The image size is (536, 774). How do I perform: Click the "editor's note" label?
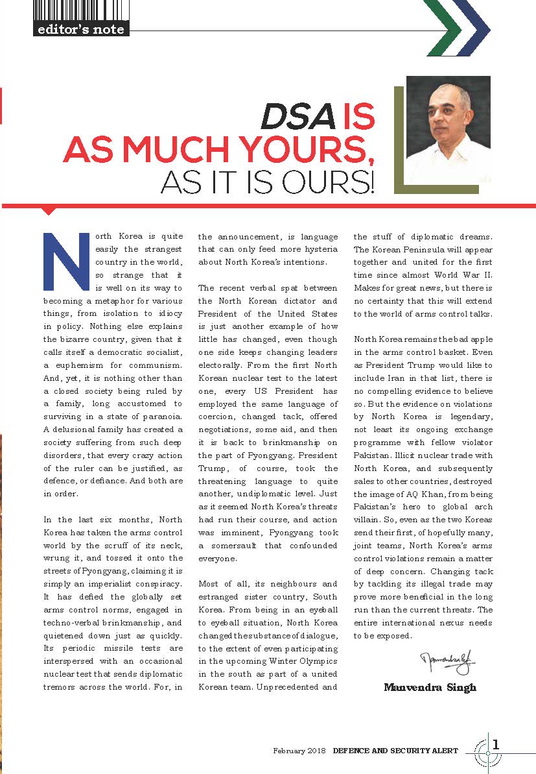[x=81, y=29]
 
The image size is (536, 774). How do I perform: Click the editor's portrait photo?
[x=448, y=129]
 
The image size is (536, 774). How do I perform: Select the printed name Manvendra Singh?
[x=430, y=687]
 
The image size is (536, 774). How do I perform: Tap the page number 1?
[x=496, y=744]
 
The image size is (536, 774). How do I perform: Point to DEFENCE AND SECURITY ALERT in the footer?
[x=395, y=751]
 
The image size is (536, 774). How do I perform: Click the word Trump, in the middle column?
[x=215, y=468]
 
